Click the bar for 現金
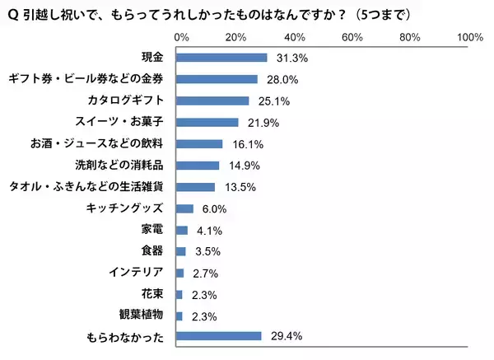pyautogui.click(x=221, y=58)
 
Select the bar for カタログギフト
pyautogui.click(x=212, y=101)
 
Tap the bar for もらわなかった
pyautogui.click(x=218, y=336)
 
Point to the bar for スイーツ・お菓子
pyautogui.click(x=207, y=122)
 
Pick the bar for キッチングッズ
pyautogui.click(x=184, y=208)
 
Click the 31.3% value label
pyautogui.click(x=290, y=58)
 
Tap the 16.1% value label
pyautogui.click(x=245, y=143)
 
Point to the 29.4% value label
pyautogui.click(x=284, y=336)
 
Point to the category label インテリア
pyautogui.click(x=137, y=272)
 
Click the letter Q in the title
pyautogui.click(x=12, y=14)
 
